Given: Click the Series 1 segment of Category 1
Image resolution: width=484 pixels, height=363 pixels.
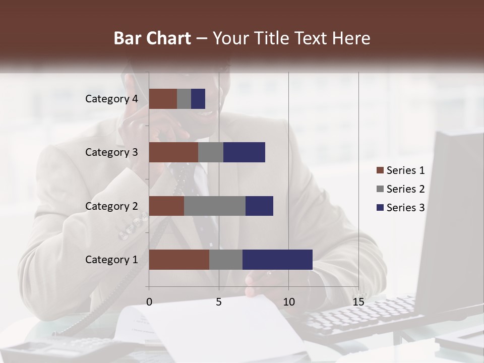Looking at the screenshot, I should pos(179,260).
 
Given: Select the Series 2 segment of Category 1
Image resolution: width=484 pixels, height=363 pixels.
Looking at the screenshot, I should pos(226,260).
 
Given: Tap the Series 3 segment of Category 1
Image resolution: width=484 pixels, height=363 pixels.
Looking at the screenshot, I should pos(277,260).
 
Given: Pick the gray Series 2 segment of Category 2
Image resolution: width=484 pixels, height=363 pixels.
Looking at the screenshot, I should pos(215,206).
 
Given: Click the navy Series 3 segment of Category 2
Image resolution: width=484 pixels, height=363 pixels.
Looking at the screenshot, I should pos(259,206).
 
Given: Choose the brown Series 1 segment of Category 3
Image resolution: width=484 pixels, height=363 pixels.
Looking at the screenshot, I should pos(173,152).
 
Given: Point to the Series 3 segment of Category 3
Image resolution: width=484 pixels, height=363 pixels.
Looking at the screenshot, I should pos(244,152).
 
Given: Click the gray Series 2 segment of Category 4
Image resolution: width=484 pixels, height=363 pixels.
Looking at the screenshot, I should pos(184,99).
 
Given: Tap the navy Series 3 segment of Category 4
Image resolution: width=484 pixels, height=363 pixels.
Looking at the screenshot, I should pos(198,99).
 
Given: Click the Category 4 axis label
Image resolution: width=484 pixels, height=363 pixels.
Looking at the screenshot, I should pos(111,99).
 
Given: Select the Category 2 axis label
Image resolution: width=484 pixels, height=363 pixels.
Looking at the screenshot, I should pos(111,206).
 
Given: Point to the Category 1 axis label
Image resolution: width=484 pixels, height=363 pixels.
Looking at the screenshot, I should pos(111,260).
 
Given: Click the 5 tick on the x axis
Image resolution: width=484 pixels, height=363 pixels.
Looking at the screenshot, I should pos(219,302).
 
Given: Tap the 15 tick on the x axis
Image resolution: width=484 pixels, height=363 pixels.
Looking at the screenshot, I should pos(358,302).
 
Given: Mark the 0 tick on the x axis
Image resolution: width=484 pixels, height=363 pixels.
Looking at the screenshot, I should pos(149,302).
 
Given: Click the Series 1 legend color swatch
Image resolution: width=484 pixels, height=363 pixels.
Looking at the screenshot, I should pos(380,170).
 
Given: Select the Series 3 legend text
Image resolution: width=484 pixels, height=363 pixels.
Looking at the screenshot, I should pos(405,208).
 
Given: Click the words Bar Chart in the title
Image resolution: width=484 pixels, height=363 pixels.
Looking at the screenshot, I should pos(152,38).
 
